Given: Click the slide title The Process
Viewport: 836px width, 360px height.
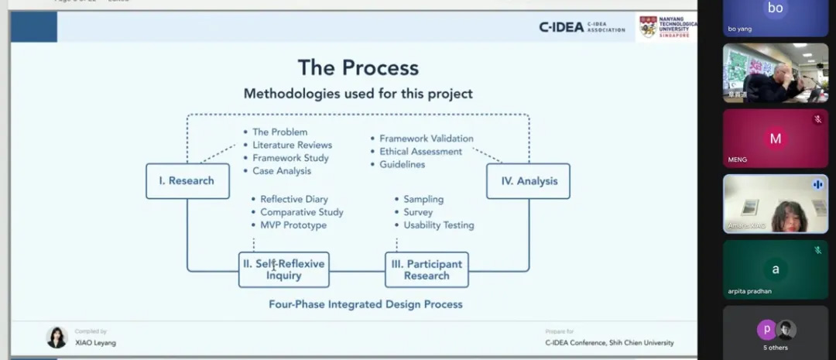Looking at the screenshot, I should pos(358,68).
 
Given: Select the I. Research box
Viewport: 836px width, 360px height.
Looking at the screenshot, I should pos(187,180).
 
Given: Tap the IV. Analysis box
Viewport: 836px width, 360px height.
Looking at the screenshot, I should pos(528,180).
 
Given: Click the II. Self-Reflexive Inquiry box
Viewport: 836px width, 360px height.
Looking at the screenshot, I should pos(283,269).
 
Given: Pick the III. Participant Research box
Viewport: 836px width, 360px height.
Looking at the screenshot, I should pos(427,269).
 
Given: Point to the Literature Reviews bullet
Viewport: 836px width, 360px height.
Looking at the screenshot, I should pos(292,145).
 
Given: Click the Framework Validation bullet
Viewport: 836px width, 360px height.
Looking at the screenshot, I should pos(426,139).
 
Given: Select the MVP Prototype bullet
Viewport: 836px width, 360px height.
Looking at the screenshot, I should pos(293,225).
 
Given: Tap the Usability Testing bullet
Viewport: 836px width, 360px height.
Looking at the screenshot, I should pos(438,225).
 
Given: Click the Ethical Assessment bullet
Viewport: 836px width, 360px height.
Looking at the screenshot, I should pos(420,152).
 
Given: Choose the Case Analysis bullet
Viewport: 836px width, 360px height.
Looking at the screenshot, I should pos(282,170).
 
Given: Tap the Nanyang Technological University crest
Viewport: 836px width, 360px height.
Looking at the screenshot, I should pos(648,27).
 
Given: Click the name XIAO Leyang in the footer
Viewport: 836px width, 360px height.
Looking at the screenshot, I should pos(95,342).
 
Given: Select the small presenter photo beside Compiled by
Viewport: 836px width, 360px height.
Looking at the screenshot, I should pos(57,337).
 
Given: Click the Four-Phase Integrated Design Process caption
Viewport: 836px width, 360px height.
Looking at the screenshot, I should pos(365,304).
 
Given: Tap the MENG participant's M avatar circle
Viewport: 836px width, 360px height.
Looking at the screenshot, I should pos(775,139).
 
